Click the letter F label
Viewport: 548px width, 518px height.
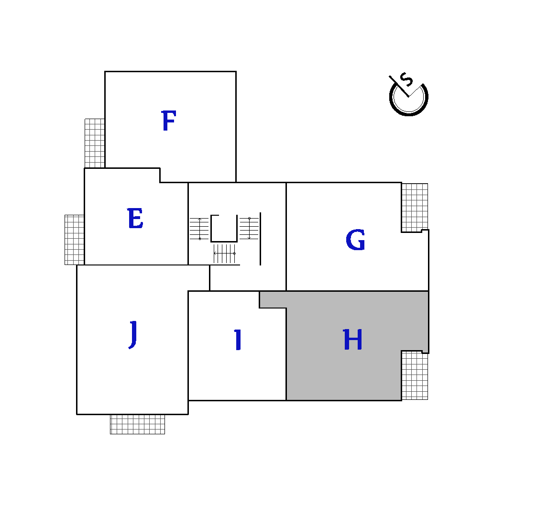click(169, 121)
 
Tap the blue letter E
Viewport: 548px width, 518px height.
click(135, 218)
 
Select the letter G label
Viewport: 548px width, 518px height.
click(355, 240)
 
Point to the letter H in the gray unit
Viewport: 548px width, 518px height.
click(352, 340)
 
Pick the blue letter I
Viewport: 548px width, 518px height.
click(238, 340)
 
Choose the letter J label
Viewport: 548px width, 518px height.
click(133, 335)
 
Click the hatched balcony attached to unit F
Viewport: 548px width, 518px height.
click(95, 143)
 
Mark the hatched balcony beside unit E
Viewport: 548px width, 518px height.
click(75, 240)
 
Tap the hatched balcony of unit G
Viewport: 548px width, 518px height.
click(415, 208)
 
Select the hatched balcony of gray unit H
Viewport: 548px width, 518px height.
click(415, 375)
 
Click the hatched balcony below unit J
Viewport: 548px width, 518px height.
click(137, 424)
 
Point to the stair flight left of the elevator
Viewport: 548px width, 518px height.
click(199, 229)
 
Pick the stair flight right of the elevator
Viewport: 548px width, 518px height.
click(249, 228)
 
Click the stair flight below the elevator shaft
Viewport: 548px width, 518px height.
click(225, 253)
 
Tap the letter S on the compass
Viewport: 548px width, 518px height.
click(406, 80)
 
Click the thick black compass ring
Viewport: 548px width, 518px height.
click(408, 114)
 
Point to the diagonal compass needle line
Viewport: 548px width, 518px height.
click(399, 86)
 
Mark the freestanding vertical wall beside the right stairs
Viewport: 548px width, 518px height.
click(260, 239)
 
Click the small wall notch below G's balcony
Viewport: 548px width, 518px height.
click(425, 231)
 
